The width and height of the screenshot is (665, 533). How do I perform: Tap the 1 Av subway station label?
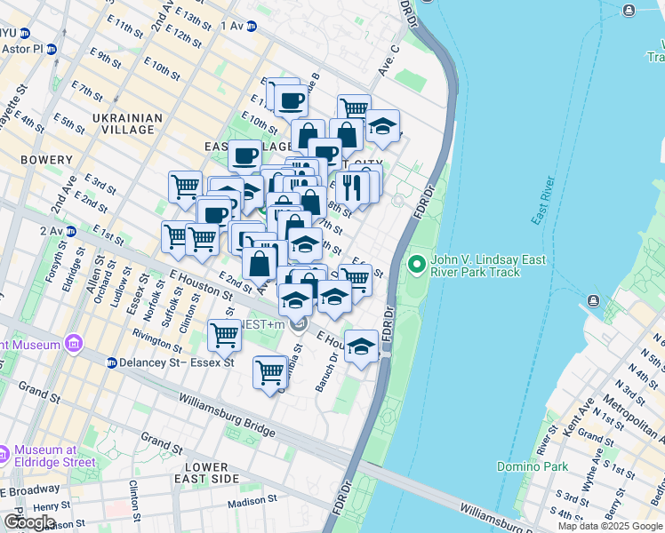[231, 26]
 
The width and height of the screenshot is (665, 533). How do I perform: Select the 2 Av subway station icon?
[71, 231]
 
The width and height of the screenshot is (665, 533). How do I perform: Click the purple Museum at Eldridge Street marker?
[4, 455]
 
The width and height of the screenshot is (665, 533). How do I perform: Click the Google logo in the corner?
[28, 521]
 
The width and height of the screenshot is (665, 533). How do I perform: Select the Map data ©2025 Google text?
[610, 526]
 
